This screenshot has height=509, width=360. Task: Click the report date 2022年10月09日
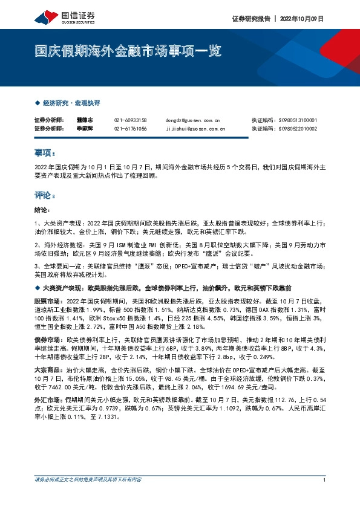click(303, 19)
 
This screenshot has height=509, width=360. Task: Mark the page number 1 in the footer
click(325, 496)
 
